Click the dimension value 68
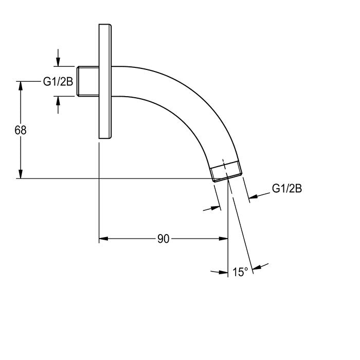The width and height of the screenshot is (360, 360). (21, 130)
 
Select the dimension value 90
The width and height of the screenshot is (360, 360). (164, 239)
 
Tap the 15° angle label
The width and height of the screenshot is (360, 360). (240, 272)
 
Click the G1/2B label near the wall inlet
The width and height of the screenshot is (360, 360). (58, 81)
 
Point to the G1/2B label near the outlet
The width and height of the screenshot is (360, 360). (287, 189)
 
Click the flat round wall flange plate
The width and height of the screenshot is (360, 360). (105, 81)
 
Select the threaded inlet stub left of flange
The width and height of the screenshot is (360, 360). (88, 81)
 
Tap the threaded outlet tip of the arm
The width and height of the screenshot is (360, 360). (226, 171)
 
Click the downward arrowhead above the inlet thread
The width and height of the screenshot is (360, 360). (58, 62)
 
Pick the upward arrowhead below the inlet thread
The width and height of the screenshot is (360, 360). (58, 101)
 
